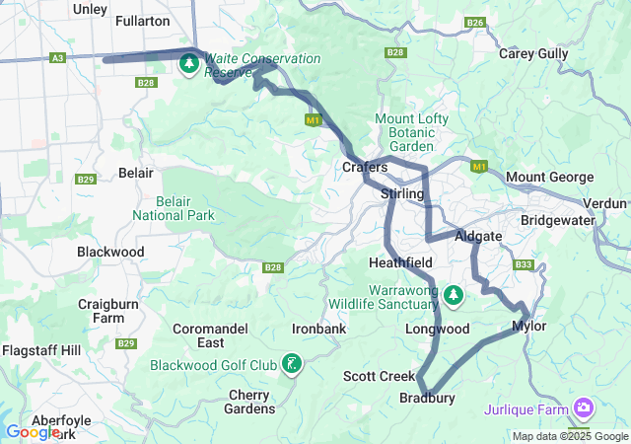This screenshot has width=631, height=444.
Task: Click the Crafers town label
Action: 364,168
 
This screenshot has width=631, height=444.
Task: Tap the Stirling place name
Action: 402,194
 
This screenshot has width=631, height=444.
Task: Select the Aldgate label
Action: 478,237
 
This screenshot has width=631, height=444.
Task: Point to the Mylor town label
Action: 529,326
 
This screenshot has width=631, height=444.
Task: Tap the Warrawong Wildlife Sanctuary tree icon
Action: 454,294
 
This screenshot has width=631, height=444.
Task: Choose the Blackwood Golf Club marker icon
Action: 292,365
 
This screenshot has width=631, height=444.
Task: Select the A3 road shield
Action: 57,59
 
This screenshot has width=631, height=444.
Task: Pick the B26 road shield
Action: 475,22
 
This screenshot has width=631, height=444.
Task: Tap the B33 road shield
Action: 524,264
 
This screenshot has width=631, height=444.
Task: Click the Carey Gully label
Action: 532,54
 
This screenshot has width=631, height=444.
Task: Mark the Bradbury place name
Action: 427,399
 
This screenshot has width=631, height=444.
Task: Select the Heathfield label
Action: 400,263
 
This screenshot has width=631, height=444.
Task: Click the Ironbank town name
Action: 318,328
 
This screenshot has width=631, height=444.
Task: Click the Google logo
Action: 33,432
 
